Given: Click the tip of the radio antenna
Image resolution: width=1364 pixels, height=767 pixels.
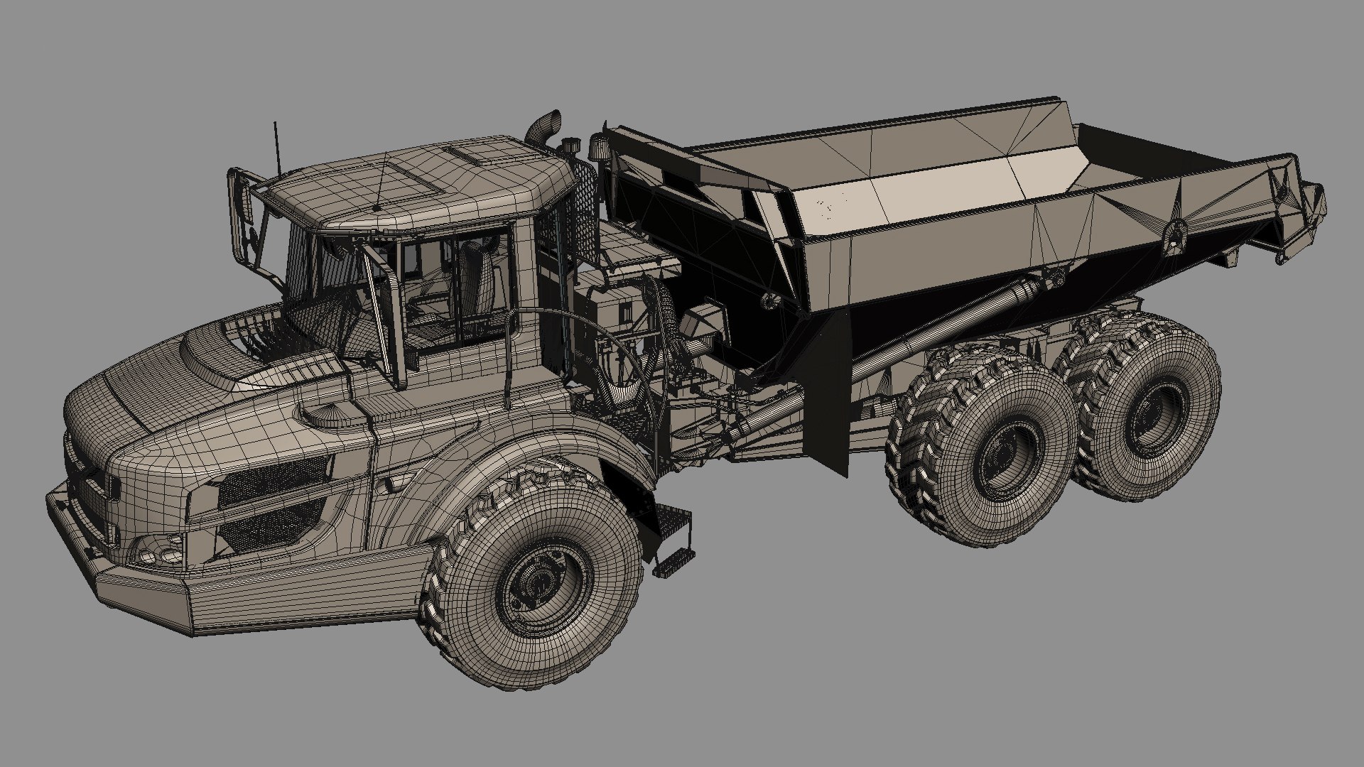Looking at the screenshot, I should point(276,124).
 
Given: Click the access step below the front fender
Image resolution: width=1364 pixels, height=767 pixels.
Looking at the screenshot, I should point(671,540).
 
